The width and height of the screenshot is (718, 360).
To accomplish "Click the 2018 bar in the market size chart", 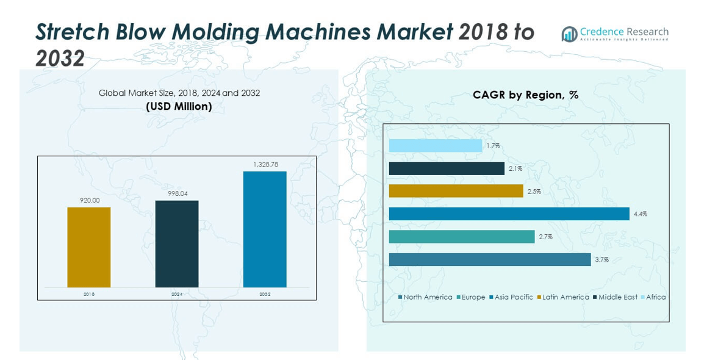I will (x=89, y=247).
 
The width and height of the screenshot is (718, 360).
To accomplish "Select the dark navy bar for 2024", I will (x=177, y=243).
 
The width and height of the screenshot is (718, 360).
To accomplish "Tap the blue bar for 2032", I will (x=265, y=229).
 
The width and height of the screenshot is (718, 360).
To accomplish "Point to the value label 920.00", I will (x=89, y=200).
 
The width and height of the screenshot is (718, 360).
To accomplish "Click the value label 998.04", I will (x=177, y=193).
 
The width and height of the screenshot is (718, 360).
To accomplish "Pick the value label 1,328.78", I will (x=265, y=164).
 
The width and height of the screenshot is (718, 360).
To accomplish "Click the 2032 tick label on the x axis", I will (x=265, y=294).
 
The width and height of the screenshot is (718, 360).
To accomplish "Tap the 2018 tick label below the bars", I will (x=89, y=294).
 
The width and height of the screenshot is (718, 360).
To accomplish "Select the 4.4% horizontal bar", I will (x=509, y=214).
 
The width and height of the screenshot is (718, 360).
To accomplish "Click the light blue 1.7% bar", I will (x=436, y=146).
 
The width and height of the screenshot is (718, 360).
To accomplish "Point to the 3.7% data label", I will (x=601, y=260).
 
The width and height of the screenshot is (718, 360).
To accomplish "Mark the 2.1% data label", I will (x=515, y=168).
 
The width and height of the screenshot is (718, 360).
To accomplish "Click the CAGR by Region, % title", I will (x=525, y=95).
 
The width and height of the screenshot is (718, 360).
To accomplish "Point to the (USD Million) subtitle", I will (x=179, y=106).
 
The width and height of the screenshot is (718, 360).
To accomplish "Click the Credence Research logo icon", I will (x=569, y=34).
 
